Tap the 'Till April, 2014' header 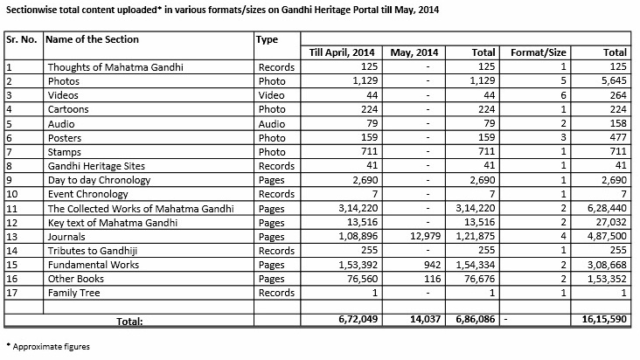click(343, 52)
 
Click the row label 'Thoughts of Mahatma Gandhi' click(119, 66)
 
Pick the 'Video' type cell click(273, 94)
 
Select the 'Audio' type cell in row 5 click(273, 123)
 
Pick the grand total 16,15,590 click(602, 320)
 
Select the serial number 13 click(12, 237)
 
